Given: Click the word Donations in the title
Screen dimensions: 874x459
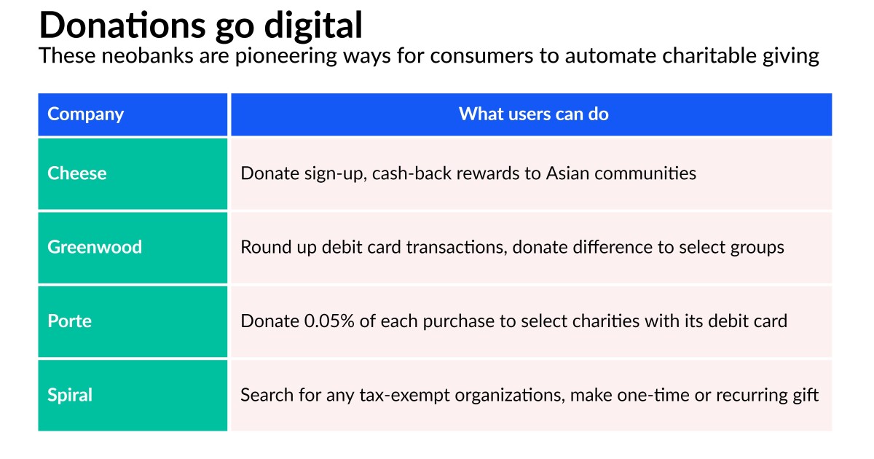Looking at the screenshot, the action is pyautogui.click(x=122, y=25).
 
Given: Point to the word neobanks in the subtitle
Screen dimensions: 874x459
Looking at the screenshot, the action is pyautogui.click(x=147, y=55).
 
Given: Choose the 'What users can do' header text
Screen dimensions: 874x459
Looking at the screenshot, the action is pyautogui.click(x=533, y=114).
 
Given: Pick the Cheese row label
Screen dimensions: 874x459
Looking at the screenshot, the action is pyautogui.click(x=77, y=173).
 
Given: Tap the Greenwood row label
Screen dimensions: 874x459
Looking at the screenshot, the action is pyautogui.click(x=95, y=247).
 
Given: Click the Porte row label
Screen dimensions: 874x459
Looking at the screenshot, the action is pyautogui.click(x=69, y=321).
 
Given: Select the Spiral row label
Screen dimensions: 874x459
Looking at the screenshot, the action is pyautogui.click(x=70, y=395).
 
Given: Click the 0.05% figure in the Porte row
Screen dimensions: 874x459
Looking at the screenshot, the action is pyautogui.click(x=329, y=321).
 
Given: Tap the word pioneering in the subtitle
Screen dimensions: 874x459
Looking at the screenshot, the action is pyautogui.click(x=286, y=56).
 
